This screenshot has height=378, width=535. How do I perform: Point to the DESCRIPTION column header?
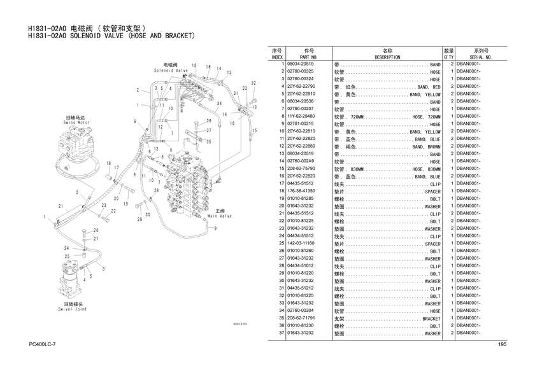pos(387,57)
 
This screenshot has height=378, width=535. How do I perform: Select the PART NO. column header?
pos(309,57)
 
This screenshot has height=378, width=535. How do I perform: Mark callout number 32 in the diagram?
pos(253,83)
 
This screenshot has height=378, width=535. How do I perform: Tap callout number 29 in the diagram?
pos(139,219)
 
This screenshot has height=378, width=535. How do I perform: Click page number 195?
pos(501,344)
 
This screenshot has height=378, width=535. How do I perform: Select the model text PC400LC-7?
pos(43,344)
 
